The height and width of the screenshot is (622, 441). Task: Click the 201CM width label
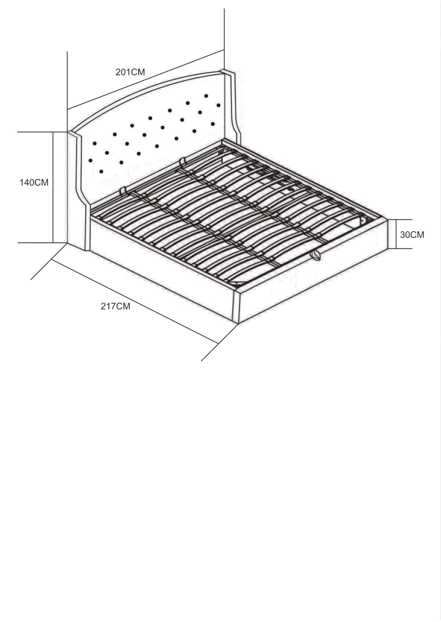(130, 72)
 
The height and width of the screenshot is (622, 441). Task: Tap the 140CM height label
(34, 183)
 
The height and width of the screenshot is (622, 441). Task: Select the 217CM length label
(115, 306)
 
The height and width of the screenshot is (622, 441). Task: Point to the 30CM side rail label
(412, 235)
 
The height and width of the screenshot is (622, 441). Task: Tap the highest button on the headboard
(206, 96)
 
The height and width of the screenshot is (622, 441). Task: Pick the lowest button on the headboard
(101, 171)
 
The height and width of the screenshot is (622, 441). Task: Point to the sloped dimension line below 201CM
(146, 80)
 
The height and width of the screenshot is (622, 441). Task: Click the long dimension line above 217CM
(135, 301)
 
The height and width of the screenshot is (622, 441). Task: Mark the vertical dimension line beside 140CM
(53, 187)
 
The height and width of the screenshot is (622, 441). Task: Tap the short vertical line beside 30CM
(396, 234)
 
